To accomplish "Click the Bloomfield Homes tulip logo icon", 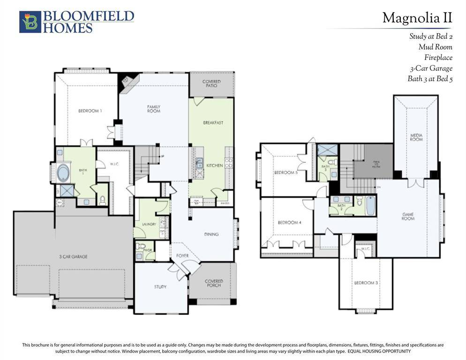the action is pos(30,22).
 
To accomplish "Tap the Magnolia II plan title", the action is pos(417,18).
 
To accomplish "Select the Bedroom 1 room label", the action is pos(90,111).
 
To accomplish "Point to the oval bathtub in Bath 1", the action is pos(63,172).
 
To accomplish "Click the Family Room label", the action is pos(154,109).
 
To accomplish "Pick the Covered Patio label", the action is pos(211,84).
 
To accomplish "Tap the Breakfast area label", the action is pos(213,123).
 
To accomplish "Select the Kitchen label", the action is pos(215,165).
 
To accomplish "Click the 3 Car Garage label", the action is pos(73,256).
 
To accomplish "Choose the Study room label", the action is pos(160,286).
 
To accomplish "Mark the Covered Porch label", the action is pos(214,284).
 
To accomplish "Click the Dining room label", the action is pos(211,234).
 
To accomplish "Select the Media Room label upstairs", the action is pos(416,137).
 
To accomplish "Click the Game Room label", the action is pos(408,217).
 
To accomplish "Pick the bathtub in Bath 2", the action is pos(370,206).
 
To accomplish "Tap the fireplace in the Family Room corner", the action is pos(127,81).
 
